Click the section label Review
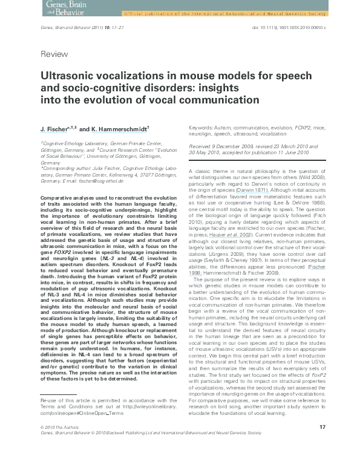54,54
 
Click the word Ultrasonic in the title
69,77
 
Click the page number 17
322,444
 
